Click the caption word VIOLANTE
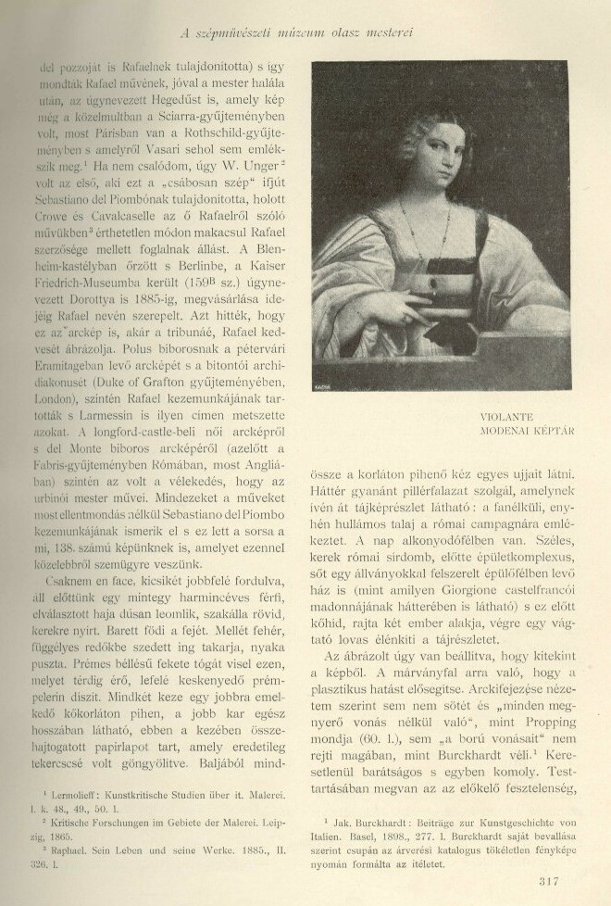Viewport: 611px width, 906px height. click(510, 417)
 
